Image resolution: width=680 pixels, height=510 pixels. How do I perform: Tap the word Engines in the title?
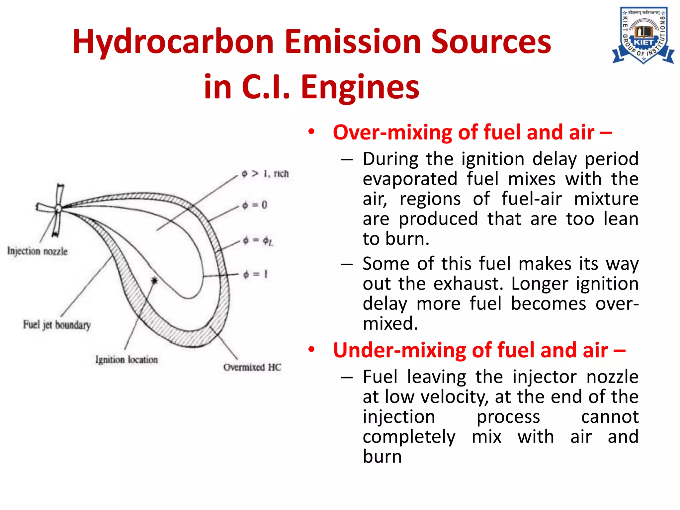[360, 87]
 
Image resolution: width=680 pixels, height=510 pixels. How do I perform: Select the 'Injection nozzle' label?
[37, 251]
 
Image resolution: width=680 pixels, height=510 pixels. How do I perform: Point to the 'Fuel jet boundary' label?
[57, 325]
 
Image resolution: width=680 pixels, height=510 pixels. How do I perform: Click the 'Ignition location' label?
[127, 360]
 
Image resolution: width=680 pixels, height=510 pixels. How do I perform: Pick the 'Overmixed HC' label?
[252, 367]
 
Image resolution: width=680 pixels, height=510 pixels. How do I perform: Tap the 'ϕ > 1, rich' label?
[265, 174]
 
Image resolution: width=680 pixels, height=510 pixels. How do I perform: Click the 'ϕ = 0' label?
[254, 205]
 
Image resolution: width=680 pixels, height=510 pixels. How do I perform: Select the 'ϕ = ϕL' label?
[257, 240]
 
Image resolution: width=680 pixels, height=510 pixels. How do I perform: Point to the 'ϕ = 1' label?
[255, 274]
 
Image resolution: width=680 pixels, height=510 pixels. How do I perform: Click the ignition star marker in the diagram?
[154, 281]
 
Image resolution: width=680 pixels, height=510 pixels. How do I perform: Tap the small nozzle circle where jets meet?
[58, 209]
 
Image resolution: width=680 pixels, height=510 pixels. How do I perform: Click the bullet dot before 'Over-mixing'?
[311, 131]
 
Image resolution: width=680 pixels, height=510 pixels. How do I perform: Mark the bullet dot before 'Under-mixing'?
[311, 349]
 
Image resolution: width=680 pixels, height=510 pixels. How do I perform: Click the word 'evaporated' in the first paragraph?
[410, 179]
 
